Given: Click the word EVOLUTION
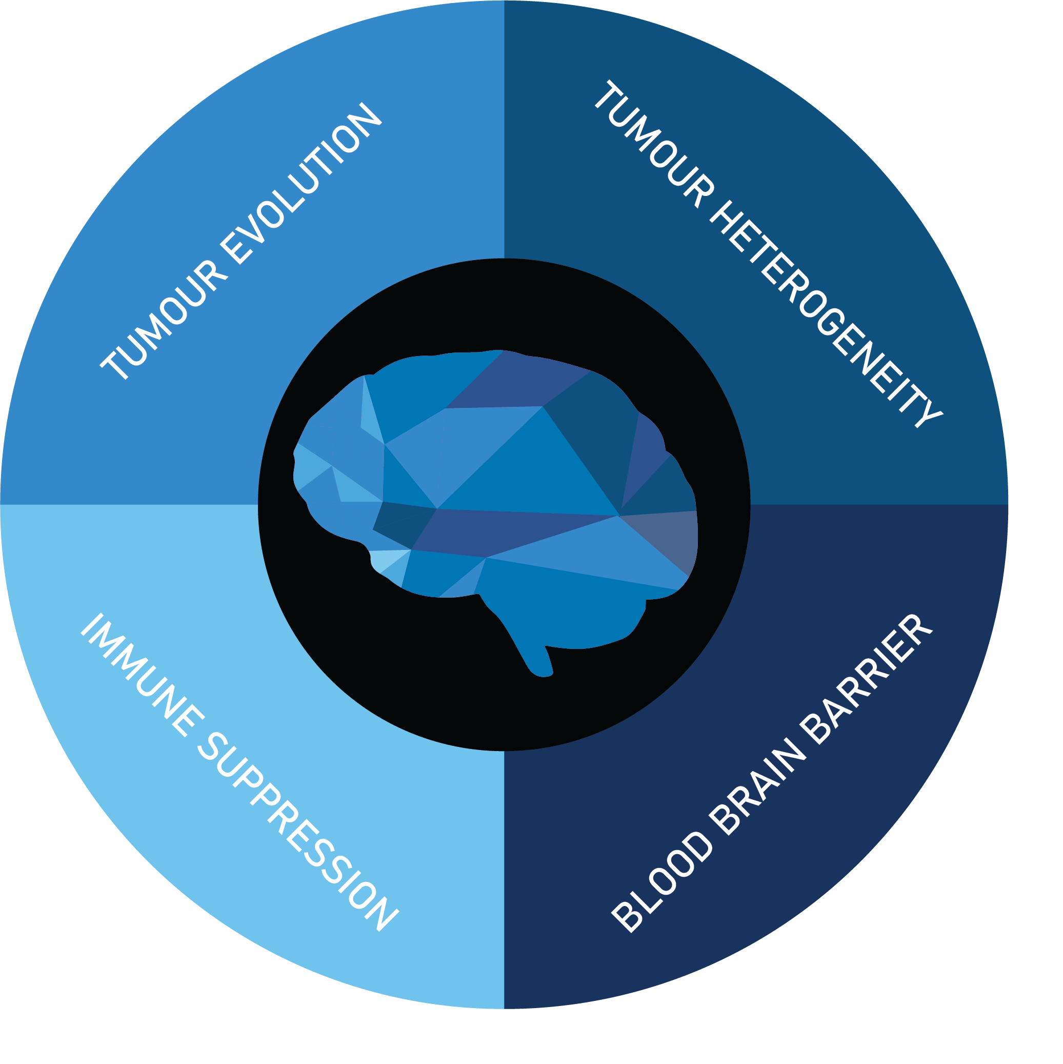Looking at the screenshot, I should point(303,185).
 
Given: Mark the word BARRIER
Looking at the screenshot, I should point(867,680).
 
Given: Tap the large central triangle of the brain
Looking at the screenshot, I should point(529,474).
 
